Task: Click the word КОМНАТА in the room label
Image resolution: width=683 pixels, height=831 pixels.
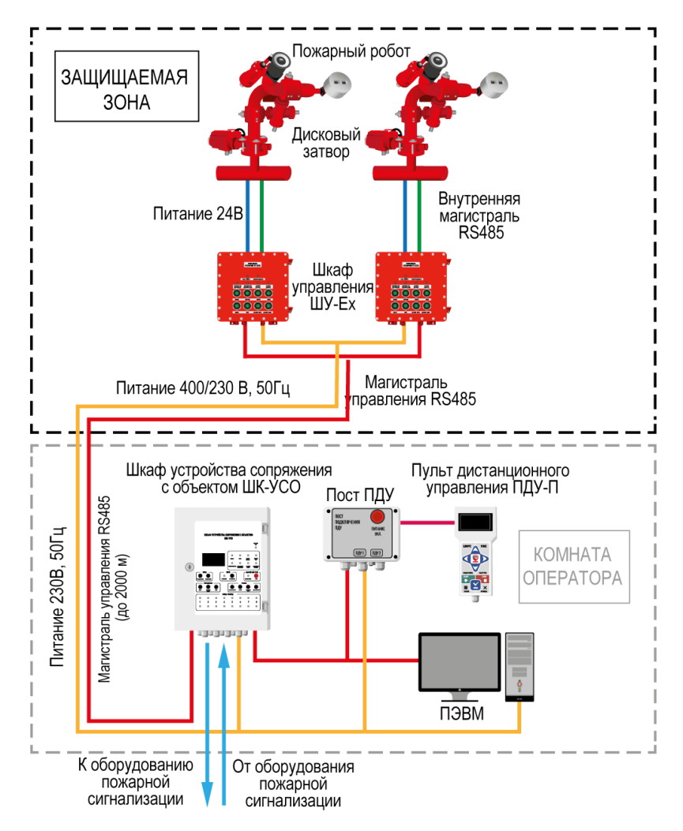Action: [574, 553]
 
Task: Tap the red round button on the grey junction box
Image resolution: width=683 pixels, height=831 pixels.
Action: [377, 516]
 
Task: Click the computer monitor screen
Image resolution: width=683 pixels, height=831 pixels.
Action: [459, 661]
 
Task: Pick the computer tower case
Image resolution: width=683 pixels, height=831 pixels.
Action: [519, 664]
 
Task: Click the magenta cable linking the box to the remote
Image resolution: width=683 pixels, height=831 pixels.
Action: [427, 522]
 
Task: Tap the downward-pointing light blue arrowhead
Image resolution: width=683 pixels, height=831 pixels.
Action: [207, 793]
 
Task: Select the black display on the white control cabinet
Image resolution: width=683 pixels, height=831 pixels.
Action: [213, 560]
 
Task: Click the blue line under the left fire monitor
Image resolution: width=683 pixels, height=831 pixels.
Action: [247, 215]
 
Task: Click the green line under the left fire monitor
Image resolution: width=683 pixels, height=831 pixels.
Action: [261, 215]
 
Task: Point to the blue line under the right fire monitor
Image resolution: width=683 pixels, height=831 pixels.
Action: [405, 215]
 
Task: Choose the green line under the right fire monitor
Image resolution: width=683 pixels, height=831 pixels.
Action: [419, 215]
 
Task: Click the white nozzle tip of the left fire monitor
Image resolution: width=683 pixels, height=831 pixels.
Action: [339, 84]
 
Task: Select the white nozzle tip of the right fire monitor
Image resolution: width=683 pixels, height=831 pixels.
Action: [496, 84]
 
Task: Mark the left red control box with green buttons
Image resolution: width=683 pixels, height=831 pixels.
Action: [253, 286]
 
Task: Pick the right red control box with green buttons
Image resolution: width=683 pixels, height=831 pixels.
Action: [411, 286]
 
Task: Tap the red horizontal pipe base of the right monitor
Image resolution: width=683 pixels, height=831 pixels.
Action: [410, 173]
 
